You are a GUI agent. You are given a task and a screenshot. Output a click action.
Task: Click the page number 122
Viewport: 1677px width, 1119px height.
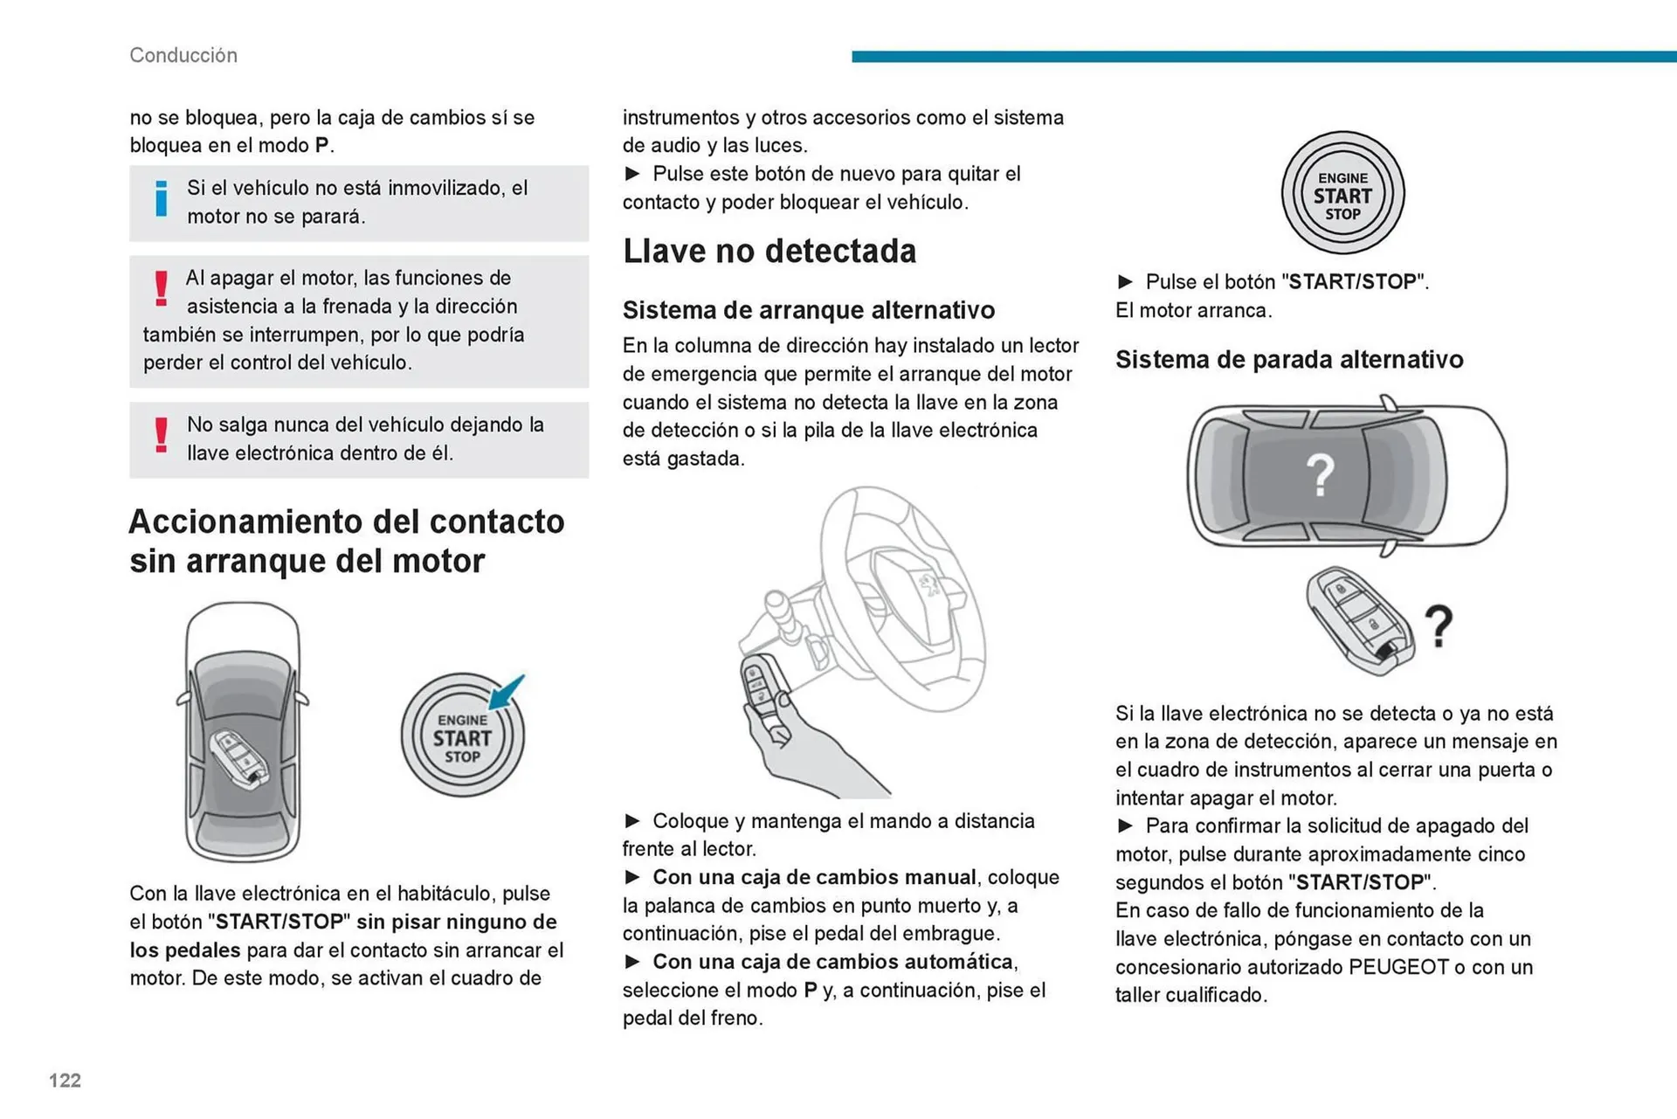65,1081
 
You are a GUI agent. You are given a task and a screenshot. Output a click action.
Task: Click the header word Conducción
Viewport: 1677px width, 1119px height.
183,55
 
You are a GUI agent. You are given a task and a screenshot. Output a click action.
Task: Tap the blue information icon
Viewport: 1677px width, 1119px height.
161,199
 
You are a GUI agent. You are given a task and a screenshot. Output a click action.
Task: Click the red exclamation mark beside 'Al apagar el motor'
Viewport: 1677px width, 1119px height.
161,288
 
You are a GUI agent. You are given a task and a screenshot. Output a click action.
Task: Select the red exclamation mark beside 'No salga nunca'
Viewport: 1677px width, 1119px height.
161,435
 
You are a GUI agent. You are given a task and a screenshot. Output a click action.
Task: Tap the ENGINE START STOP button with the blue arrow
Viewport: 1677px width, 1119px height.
462,736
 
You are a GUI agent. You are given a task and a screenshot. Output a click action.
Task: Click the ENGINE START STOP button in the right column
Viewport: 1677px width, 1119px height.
1342,194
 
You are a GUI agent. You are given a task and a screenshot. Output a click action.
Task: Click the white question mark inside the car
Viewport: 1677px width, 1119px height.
1320,476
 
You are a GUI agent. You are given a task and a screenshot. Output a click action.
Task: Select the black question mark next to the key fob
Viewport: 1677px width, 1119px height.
1439,626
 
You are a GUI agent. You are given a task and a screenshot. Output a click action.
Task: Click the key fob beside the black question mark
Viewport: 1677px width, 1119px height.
1359,620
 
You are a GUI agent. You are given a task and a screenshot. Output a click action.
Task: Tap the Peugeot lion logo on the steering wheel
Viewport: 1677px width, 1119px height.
928,584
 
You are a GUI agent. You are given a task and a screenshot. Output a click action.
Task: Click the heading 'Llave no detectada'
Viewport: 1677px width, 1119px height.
769,252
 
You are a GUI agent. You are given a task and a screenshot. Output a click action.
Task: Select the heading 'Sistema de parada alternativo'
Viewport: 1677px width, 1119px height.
1288,360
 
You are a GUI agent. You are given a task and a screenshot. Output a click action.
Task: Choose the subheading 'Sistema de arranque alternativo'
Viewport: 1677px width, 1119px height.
808,310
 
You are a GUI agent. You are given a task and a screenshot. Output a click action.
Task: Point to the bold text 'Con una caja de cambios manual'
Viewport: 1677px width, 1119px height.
814,877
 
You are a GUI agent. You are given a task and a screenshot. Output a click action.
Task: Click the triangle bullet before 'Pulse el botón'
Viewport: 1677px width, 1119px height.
1125,282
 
